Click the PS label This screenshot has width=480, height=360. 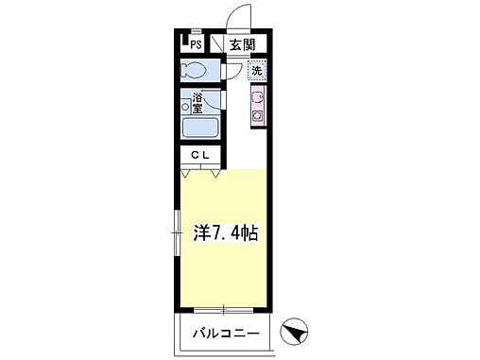[x=197, y=44]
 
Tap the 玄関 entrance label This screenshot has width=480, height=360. [x=240, y=44]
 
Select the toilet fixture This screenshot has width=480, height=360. [x=195, y=71]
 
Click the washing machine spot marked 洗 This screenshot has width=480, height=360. [x=256, y=70]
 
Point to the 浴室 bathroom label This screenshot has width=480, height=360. [x=200, y=101]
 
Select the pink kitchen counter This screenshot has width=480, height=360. [x=256, y=106]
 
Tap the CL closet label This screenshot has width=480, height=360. [x=201, y=155]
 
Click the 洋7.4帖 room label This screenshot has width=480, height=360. [x=226, y=231]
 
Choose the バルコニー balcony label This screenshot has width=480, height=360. [x=226, y=334]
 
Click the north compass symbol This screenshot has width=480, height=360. [x=296, y=332]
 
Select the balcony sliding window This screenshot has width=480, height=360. [x=223, y=310]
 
